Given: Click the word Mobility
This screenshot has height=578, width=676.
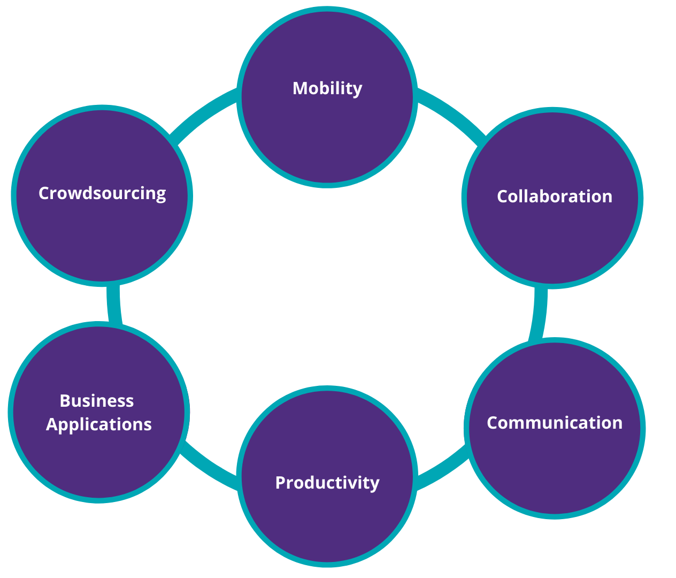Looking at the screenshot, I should point(327,88).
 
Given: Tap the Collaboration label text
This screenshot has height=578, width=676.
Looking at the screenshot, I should point(554,196).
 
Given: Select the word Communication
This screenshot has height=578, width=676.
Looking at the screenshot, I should point(554,423).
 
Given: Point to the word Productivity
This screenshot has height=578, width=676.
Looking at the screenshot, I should point(327,483).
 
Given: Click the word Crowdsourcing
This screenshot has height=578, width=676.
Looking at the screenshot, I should point(102,193).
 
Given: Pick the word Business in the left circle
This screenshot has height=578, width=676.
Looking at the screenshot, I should point(97,401).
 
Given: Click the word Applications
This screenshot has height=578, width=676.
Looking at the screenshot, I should point(99,424).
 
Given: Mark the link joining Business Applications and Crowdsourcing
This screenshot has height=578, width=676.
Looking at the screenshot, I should point(114,304).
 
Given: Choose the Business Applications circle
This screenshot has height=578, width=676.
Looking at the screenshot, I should point(98,460).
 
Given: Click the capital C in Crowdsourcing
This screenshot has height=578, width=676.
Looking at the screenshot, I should point(44,193).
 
